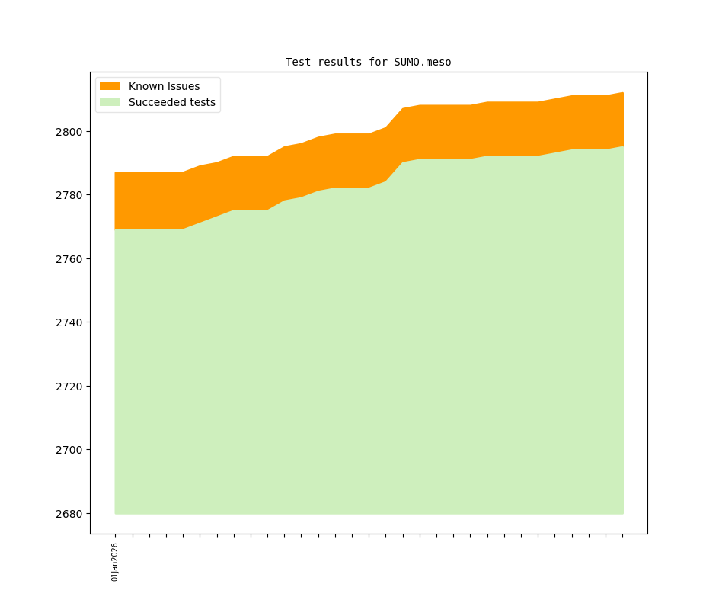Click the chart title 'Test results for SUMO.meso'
click(368, 62)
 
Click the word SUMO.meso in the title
click(423, 62)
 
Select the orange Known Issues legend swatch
click(110, 86)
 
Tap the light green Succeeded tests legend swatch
click(110, 102)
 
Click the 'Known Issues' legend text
click(164, 86)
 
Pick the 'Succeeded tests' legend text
click(171, 102)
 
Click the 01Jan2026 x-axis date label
click(115, 562)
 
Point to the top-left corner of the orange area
click(115, 172)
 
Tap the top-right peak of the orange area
click(623, 93)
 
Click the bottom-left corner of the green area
click(115, 513)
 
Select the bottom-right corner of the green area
click(623, 513)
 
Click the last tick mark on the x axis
click(623, 536)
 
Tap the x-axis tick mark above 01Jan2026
click(115, 536)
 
